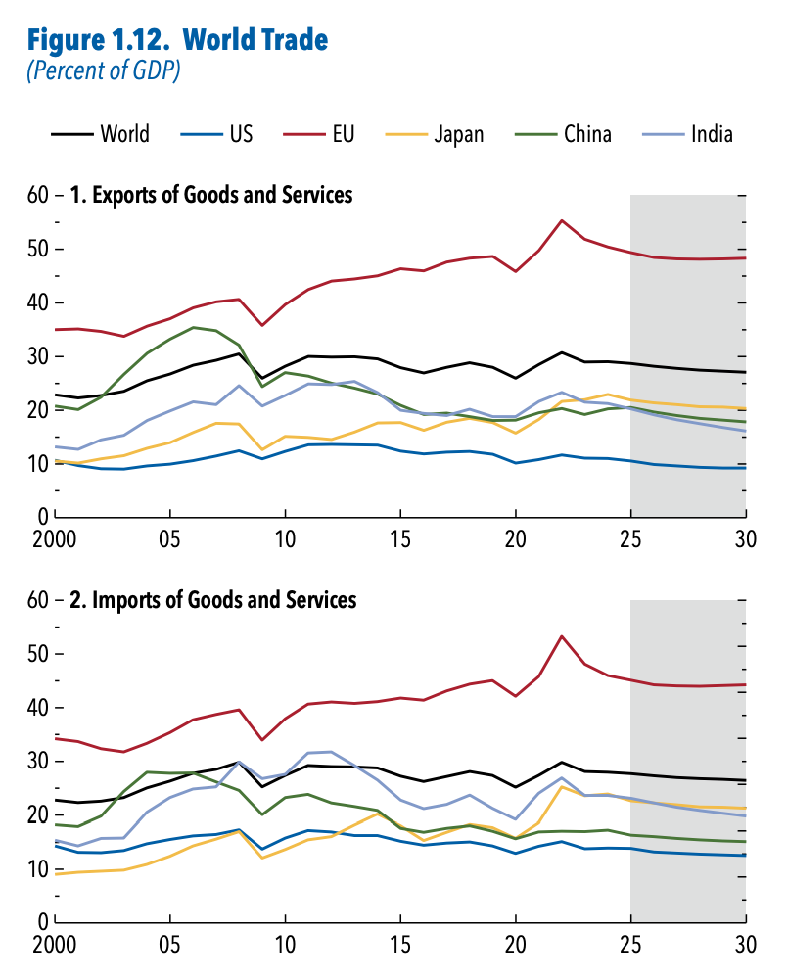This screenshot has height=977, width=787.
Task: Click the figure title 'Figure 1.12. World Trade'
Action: (177, 40)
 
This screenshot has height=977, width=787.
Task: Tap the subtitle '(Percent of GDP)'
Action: (103, 71)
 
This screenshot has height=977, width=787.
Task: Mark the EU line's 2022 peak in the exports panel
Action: (562, 220)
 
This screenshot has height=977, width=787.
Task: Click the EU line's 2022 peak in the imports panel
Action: (562, 636)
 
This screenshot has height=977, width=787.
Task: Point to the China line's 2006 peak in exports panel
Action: (194, 327)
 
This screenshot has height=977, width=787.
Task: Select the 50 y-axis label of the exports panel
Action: (38, 249)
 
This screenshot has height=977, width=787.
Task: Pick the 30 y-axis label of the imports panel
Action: (38, 761)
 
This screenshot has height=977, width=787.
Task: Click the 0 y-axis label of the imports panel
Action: (42, 921)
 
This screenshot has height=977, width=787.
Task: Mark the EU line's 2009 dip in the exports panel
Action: (262, 325)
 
